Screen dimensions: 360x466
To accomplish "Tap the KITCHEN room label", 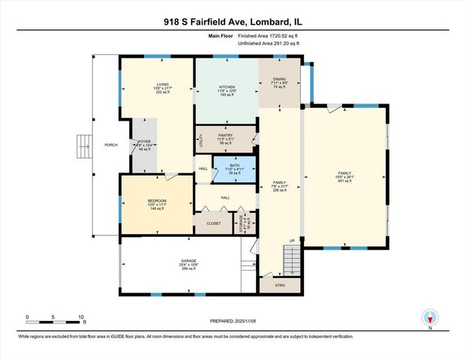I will click(227, 88).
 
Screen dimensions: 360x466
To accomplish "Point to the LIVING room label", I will click(162, 85).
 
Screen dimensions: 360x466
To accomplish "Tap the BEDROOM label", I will click(156, 200).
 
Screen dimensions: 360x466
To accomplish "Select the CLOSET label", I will click(213, 223).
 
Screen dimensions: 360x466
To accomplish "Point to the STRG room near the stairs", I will click(280, 286).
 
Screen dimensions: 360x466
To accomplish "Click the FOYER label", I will click(145, 141).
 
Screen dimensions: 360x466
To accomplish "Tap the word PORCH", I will click(110, 145).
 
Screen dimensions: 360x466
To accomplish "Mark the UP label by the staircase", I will click(292, 241).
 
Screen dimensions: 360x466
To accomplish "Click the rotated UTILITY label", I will click(200, 139).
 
